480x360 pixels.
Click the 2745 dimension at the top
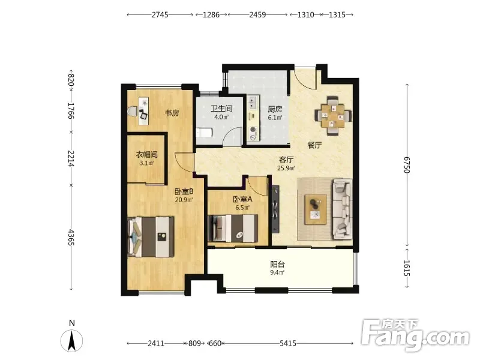pyautogui.click(x=160, y=14)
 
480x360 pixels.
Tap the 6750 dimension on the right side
pyautogui.click(x=407, y=165)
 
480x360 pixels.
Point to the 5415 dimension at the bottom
pyautogui.click(x=288, y=343)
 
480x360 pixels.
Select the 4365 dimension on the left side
pyautogui.click(x=71, y=237)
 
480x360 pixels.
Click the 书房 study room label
pyautogui.click(x=172, y=113)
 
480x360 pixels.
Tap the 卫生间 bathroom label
pyautogui.click(x=221, y=109)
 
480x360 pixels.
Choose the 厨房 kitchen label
pyautogui.click(x=275, y=109)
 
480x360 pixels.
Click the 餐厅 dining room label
pyautogui.click(x=314, y=145)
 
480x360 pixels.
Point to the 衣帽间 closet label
pyautogui.click(x=146, y=155)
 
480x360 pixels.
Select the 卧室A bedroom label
pyautogui.click(x=243, y=199)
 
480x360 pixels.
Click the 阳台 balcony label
pyautogui.click(x=277, y=264)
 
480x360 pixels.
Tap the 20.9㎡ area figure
pyautogui.click(x=184, y=200)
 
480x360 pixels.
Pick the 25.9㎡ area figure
pyautogui.click(x=286, y=168)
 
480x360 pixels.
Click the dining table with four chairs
pyautogui.click(x=333, y=116)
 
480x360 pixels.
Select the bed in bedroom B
pyautogui.click(x=151, y=237)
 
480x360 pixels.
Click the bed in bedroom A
pyautogui.click(x=233, y=229)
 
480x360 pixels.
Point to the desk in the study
pyautogui.click(x=143, y=111)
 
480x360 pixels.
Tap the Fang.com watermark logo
pyautogui.click(x=415, y=335)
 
